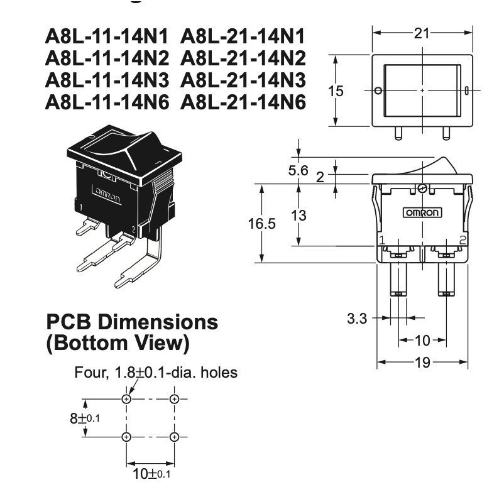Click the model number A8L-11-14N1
107,36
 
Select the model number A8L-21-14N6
243,102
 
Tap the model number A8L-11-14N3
107,80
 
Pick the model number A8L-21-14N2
243,58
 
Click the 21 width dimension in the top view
422,33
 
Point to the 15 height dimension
336,91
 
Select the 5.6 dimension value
298,170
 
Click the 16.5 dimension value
261,223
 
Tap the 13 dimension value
299,215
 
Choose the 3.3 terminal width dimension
357,319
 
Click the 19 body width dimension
422,362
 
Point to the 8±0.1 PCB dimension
85,418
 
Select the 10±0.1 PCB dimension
151,473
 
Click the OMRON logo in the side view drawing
422,212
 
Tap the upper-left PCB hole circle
127,399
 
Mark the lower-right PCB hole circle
174,437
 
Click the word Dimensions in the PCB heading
158,322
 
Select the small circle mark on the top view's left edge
378,90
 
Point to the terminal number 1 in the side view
382,240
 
